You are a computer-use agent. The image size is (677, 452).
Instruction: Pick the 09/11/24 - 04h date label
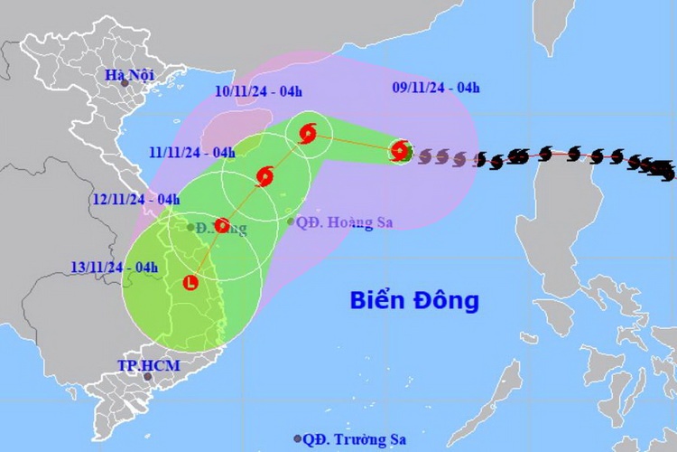pyautogui.click(x=436, y=88)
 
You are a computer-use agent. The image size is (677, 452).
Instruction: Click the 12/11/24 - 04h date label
pyautogui.click(x=135, y=199)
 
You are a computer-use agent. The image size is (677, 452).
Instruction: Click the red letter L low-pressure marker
pyautogui.click(x=190, y=284)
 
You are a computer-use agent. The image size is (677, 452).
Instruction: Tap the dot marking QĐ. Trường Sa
pyautogui.click(x=297, y=439)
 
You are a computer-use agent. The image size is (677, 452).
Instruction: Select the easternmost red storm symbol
pyautogui.click(x=402, y=151)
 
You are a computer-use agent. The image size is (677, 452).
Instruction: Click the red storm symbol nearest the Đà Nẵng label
pyautogui.click(x=222, y=226)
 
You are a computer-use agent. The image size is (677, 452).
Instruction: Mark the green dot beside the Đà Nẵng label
pyautogui.click(x=190, y=227)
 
